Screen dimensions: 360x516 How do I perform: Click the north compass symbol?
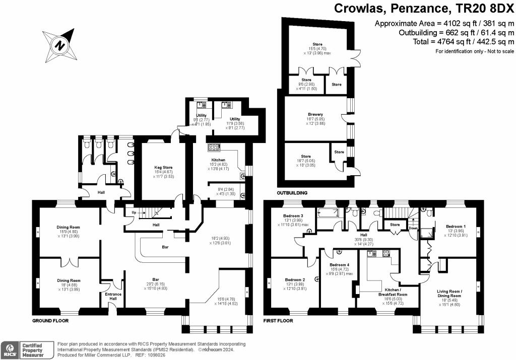pos(60,45)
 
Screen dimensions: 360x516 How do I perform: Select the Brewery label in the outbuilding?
pos(315,114)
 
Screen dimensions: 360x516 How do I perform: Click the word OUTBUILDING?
pos(292,193)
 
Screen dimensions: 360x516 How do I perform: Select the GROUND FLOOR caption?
pos(50,320)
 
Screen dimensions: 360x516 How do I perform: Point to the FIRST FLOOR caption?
pos(280,320)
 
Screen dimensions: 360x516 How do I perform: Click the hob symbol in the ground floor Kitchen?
pos(215,148)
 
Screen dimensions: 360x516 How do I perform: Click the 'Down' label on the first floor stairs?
pos(413,228)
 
